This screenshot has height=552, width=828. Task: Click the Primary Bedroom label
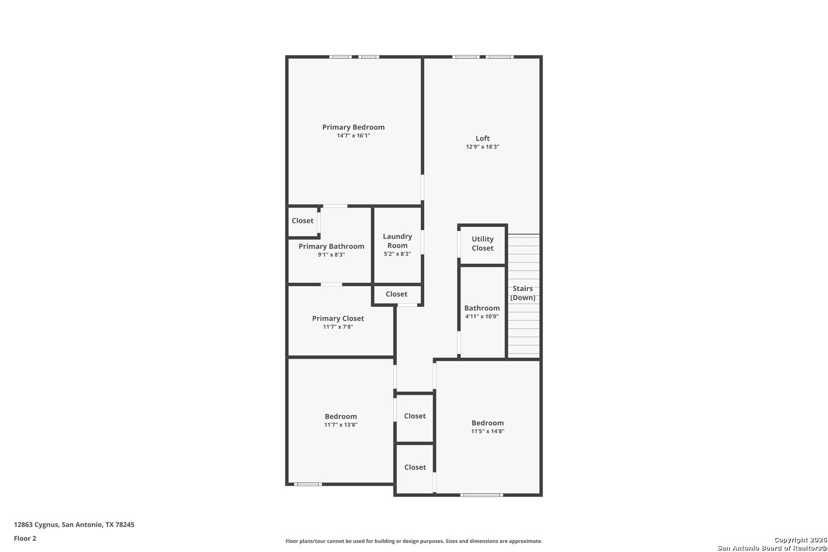(x=353, y=127)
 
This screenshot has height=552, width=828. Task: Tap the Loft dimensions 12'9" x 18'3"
(x=482, y=147)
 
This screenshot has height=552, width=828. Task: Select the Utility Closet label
(x=482, y=244)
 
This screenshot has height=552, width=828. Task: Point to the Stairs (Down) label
(x=523, y=293)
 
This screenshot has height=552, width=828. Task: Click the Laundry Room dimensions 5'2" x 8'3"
(x=397, y=254)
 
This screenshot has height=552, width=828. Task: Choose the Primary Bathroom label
(x=331, y=246)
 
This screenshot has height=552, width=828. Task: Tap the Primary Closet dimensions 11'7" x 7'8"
(x=338, y=327)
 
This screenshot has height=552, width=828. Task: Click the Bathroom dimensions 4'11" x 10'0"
(x=482, y=316)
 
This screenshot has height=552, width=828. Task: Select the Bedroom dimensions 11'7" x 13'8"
(x=341, y=425)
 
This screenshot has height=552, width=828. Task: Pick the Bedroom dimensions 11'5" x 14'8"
(x=488, y=431)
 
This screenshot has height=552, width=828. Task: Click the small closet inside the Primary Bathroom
(x=303, y=221)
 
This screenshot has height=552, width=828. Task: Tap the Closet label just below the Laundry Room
(x=396, y=294)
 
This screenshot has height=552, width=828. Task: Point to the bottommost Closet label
(x=415, y=467)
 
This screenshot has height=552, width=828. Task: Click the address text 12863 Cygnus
(x=36, y=524)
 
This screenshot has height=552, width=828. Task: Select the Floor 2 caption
(x=25, y=538)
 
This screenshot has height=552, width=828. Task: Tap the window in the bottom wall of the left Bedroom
(x=308, y=484)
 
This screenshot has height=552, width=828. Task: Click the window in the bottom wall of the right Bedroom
(x=481, y=495)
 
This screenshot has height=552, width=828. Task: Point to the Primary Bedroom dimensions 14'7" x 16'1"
(x=353, y=135)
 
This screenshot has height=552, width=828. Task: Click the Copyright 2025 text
(x=800, y=540)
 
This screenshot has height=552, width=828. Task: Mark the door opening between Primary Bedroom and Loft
(x=423, y=188)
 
